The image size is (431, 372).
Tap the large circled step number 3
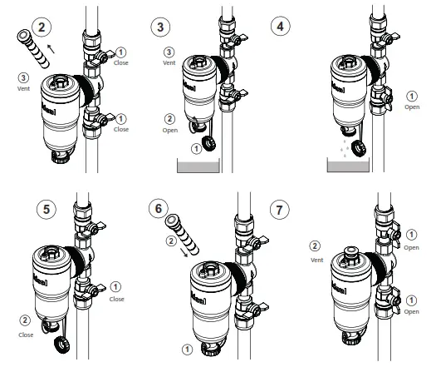pos(163,27)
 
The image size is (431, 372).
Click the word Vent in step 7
pos(316,259)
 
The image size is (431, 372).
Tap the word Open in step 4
pos(411,107)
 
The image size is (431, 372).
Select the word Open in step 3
pos(169,131)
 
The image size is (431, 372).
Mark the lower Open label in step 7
pos(412,311)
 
